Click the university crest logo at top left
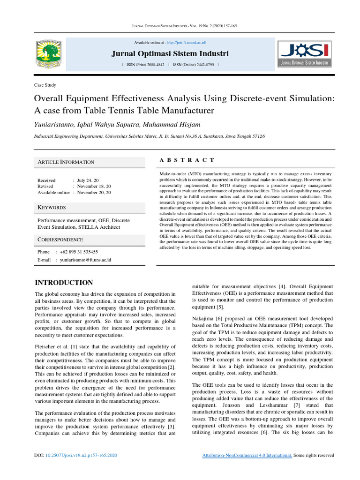tap(49, 52)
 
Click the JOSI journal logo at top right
tap(304, 54)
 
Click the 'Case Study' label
tap(45, 85)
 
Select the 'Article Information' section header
tap(66, 162)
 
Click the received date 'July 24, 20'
tap(88, 180)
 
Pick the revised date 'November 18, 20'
tap(94, 186)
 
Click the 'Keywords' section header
tap(52, 207)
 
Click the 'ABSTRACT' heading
tap(187, 160)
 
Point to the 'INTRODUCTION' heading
tap(64, 283)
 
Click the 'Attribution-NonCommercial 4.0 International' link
tap(247, 455)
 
